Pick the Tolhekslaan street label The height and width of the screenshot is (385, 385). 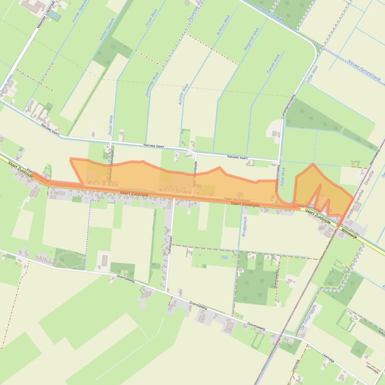point(170,244)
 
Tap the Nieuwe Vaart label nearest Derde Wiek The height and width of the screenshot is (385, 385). point(50,130)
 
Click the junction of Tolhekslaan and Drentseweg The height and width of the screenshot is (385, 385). point(166,291)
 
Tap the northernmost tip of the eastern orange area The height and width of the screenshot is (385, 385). point(313,163)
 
